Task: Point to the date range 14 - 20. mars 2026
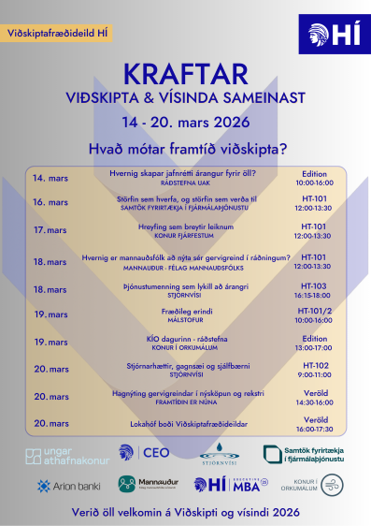click(x=185, y=123)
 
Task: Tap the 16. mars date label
click(x=50, y=203)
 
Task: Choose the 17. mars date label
click(x=50, y=229)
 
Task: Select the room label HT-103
click(x=313, y=285)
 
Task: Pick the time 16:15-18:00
click(x=313, y=294)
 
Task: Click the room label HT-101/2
click(x=313, y=311)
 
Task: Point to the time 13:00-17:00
click(x=313, y=347)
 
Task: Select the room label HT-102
click(x=313, y=366)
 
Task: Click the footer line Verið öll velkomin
click(x=185, y=513)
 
